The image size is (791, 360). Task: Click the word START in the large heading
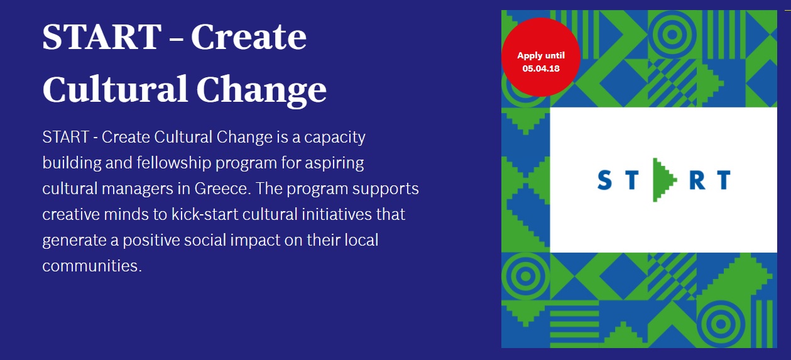point(102,36)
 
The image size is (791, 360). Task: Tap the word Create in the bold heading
point(249,36)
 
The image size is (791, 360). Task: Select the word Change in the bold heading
point(261,90)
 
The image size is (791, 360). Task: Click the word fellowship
point(174,163)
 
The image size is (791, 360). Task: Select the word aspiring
point(334,163)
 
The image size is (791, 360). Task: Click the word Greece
point(222,188)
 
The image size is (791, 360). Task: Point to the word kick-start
point(204,214)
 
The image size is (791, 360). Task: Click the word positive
point(151,241)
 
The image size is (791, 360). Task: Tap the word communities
point(92,266)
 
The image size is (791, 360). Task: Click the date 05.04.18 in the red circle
point(541,68)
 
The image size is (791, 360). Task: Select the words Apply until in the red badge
point(541,55)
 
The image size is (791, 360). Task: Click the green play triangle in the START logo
point(663,180)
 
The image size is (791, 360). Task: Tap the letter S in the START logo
point(604,180)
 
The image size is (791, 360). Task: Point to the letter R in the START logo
point(697,180)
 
